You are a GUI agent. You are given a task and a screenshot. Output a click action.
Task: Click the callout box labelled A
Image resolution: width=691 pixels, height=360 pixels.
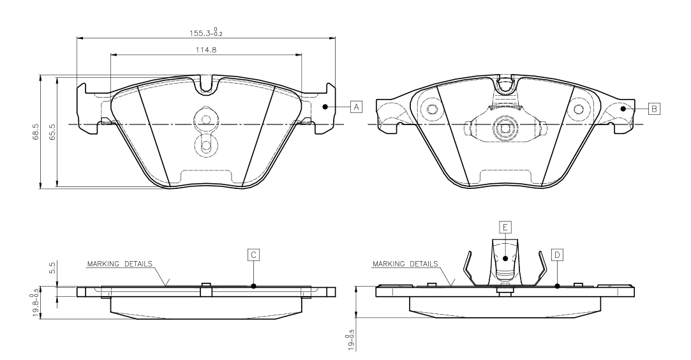tap(356, 107)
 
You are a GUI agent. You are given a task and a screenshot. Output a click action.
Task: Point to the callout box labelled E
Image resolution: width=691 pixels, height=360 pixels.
tap(504, 227)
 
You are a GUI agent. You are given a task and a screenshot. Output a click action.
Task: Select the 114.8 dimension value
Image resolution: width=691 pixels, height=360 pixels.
tap(205, 49)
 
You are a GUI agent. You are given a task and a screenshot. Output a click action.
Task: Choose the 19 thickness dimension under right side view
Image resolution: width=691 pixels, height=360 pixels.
tap(350, 339)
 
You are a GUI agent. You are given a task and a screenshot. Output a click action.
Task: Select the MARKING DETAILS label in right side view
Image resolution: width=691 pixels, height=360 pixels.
tap(405, 263)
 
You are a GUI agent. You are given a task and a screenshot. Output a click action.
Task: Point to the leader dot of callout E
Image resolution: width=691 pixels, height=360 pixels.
tap(504, 259)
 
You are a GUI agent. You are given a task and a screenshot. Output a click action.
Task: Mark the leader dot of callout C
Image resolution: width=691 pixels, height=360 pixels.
tap(253, 286)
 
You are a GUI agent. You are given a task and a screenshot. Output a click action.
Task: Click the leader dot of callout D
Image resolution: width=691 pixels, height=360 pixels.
tap(557, 286)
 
